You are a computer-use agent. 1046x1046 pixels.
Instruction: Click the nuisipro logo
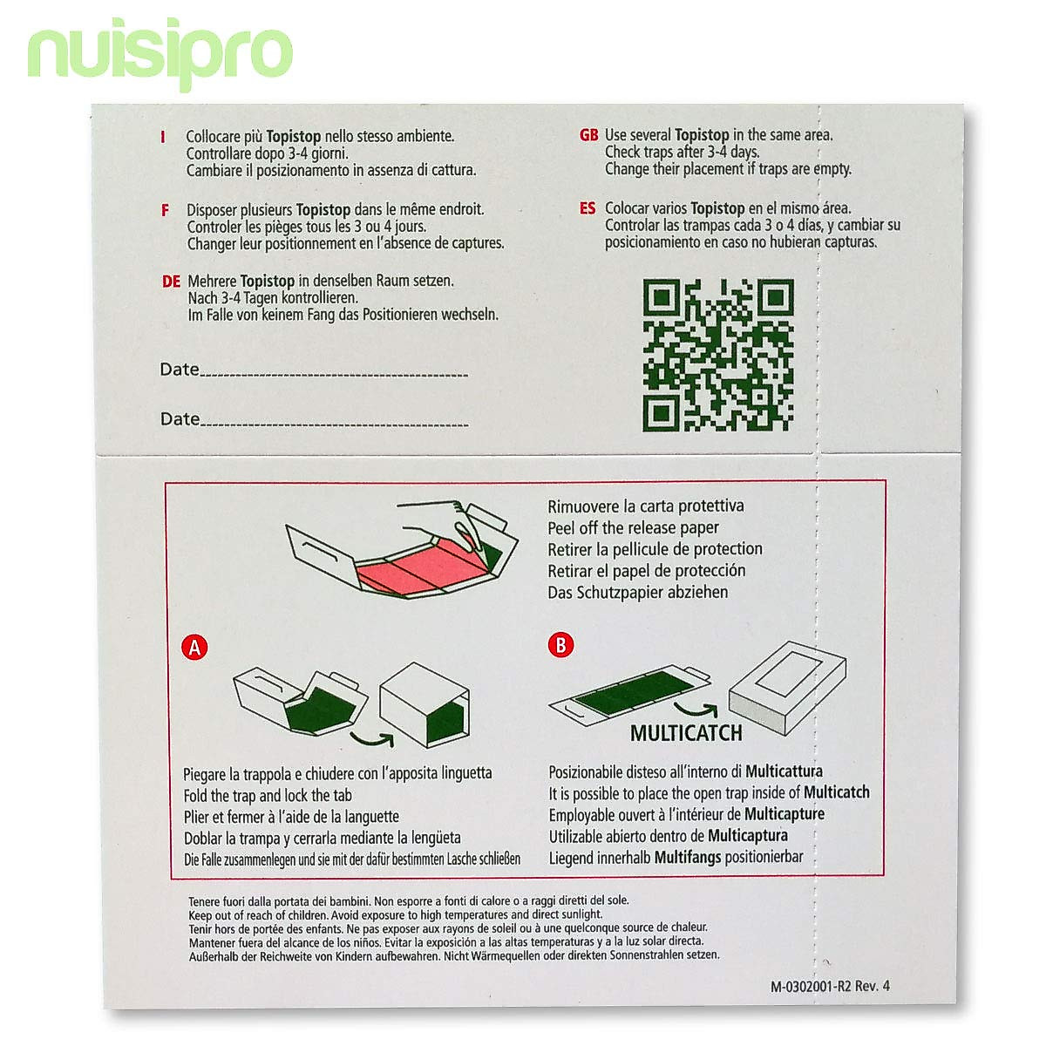(x=160, y=54)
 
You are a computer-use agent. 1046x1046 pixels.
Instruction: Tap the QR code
(x=718, y=355)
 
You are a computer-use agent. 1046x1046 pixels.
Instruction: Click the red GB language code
(x=589, y=135)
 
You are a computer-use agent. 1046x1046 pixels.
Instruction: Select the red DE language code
(x=171, y=282)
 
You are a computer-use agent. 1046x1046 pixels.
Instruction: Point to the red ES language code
(x=588, y=208)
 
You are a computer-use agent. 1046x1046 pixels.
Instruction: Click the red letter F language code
(x=165, y=210)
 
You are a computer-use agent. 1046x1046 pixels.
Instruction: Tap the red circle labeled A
(x=195, y=648)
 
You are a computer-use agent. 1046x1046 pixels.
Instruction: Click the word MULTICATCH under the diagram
(x=686, y=733)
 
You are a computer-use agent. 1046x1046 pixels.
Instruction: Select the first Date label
(x=180, y=370)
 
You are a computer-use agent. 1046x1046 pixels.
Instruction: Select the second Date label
(x=180, y=419)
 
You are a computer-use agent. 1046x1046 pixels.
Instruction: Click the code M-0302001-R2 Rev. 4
(x=830, y=987)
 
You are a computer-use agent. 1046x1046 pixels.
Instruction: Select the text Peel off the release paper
(x=633, y=527)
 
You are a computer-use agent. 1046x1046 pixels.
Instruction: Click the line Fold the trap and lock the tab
(x=268, y=795)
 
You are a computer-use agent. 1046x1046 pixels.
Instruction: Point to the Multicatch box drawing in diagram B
(x=787, y=689)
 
